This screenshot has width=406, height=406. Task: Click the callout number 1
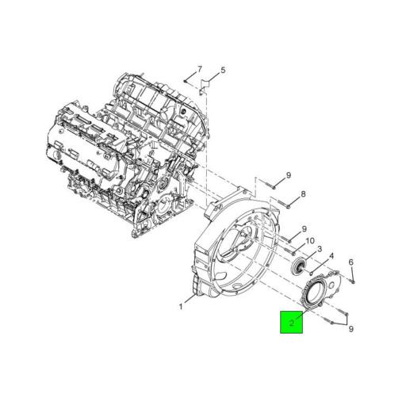181,307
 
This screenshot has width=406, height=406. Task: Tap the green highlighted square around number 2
291,322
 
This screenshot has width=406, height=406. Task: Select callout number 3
320,249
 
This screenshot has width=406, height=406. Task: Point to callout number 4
331,256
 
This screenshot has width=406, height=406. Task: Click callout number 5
223,70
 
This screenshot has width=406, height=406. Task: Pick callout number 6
350,262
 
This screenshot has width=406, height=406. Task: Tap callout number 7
200,69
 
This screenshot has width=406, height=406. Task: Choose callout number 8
303,194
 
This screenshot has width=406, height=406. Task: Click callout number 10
310,241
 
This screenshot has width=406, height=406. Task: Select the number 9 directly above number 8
289,175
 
